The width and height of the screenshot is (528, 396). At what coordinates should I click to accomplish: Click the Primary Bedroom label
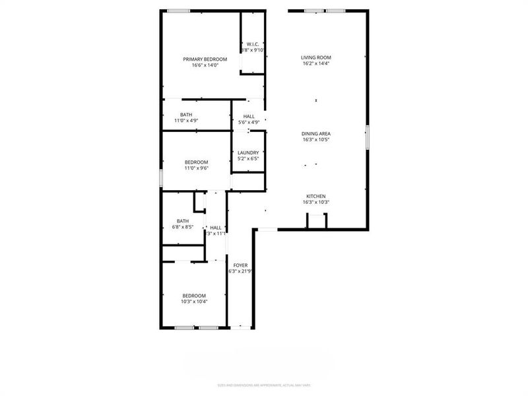click(205, 59)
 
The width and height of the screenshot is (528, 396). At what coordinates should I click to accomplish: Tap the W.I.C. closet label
click(253, 44)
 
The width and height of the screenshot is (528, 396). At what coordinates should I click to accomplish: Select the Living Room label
click(315, 58)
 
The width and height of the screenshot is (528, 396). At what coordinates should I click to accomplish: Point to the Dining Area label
click(315, 134)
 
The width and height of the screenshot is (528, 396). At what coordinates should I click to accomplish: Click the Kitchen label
click(315, 196)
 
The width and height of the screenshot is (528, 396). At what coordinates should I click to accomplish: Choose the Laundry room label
click(248, 152)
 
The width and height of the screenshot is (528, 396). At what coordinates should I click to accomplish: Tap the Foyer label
click(240, 265)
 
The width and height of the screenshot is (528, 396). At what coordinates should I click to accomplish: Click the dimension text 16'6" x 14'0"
click(205, 65)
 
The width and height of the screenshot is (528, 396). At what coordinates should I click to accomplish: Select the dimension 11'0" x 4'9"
click(186, 121)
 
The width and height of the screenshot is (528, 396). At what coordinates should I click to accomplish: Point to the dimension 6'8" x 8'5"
click(182, 227)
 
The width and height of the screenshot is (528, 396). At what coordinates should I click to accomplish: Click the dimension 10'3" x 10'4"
click(194, 302)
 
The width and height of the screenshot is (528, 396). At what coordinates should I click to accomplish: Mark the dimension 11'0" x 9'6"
click(196, 168)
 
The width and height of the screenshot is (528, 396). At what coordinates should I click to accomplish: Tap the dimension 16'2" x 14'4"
click(315, 64)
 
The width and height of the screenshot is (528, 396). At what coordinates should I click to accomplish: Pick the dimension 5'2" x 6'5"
click(248, 158)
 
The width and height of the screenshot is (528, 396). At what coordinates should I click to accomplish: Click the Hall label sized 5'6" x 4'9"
click(248, 116)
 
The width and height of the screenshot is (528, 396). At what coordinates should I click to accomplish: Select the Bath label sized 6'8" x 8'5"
click(182, 221)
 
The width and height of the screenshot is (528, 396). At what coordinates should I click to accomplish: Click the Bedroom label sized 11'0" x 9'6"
click(196, 162)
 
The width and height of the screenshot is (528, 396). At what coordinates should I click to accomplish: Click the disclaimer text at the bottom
click(264, 385)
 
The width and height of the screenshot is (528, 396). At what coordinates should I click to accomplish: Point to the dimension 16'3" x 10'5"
click(315, 140)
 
